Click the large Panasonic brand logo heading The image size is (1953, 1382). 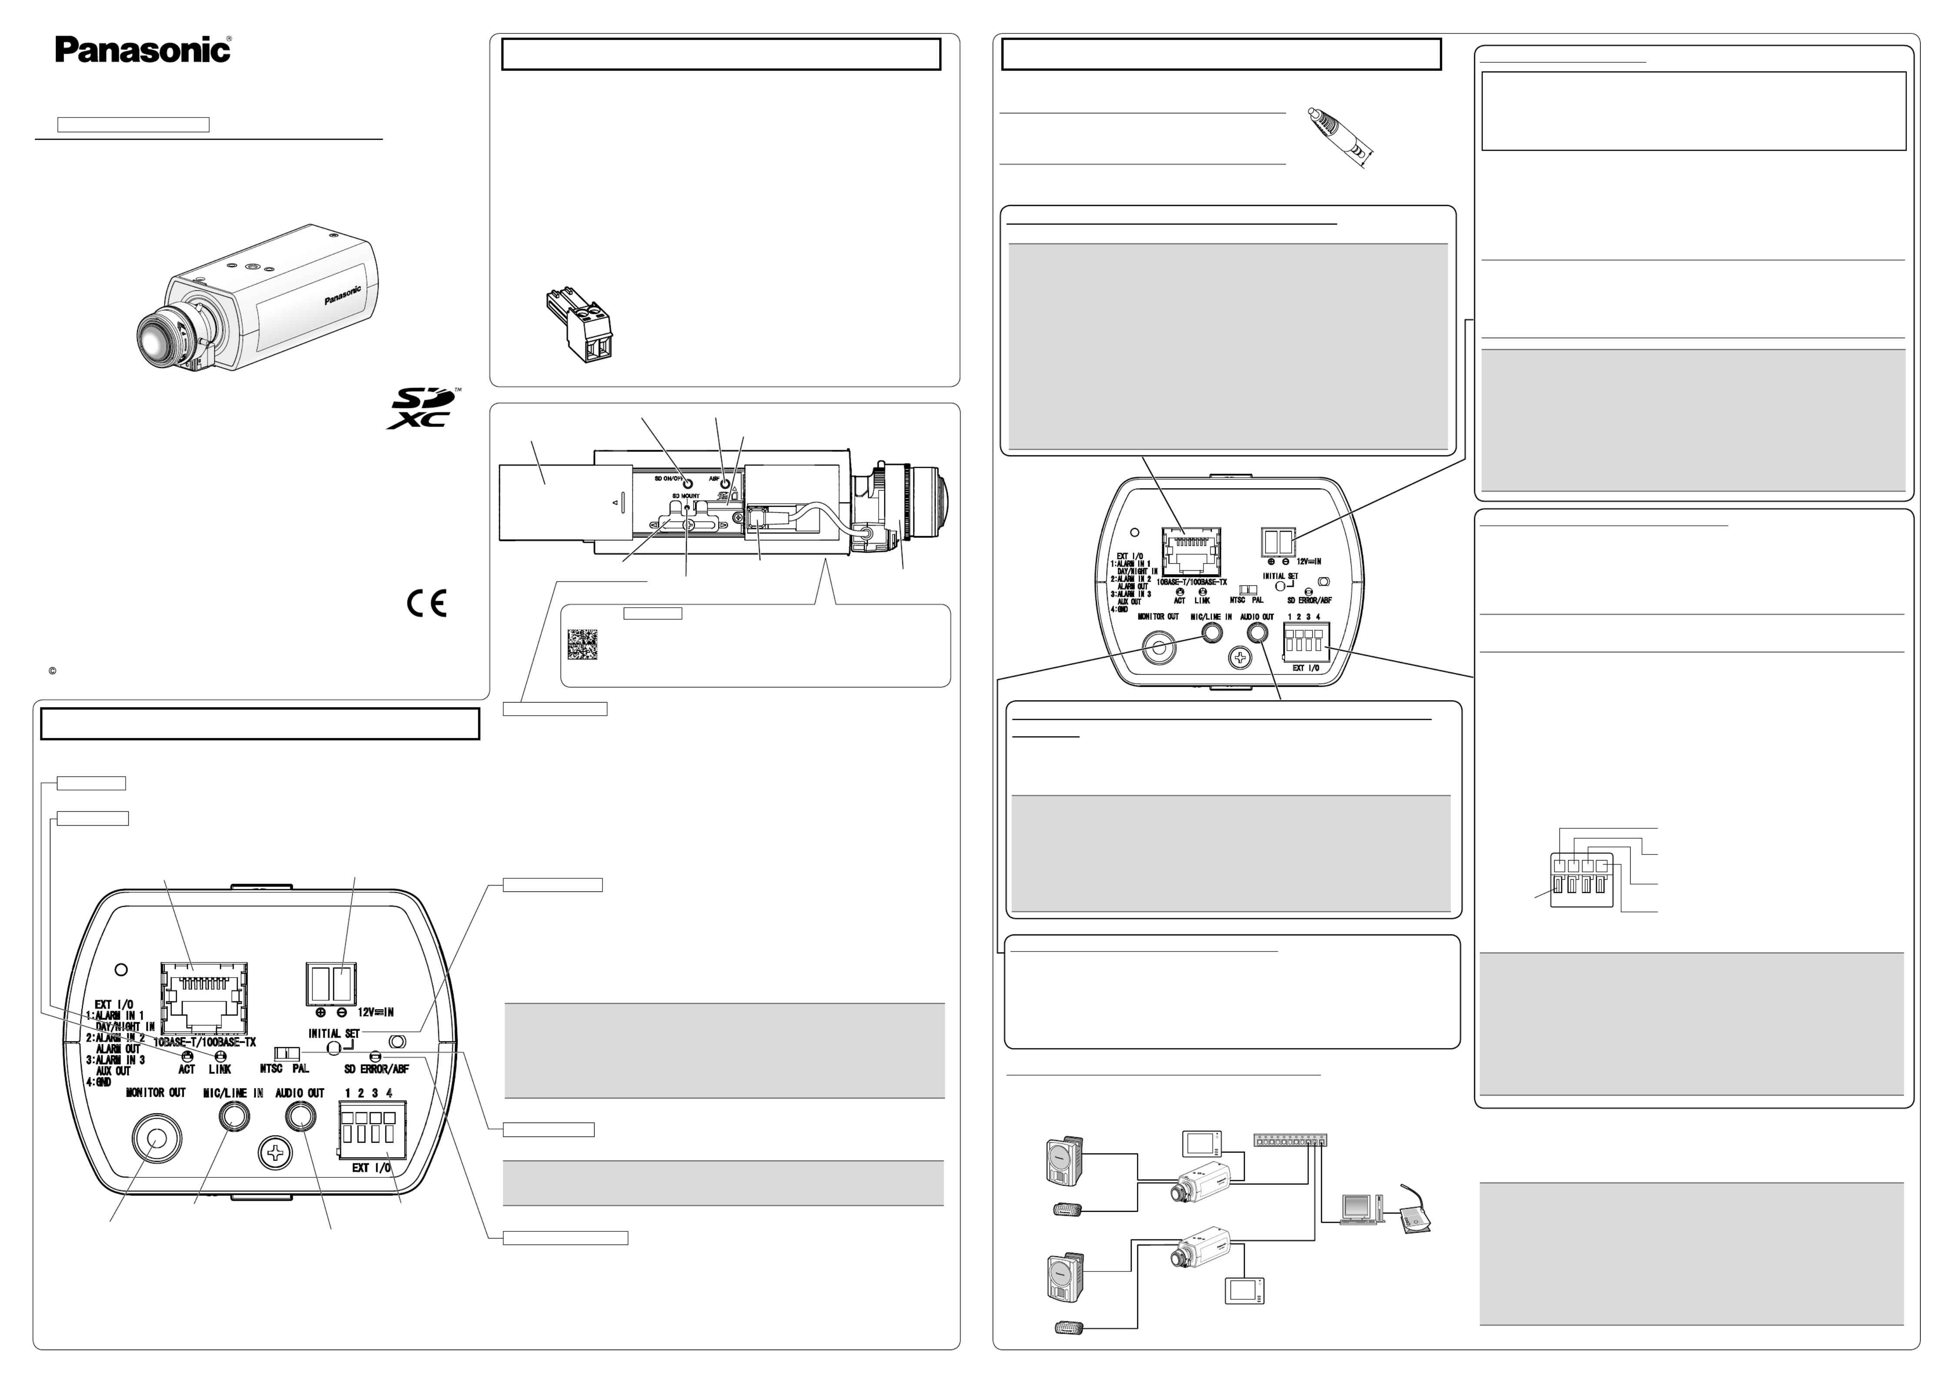coord(143,49)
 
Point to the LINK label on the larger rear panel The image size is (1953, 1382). coord(220,1069)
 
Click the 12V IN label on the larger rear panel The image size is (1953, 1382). coord(375,1013)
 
